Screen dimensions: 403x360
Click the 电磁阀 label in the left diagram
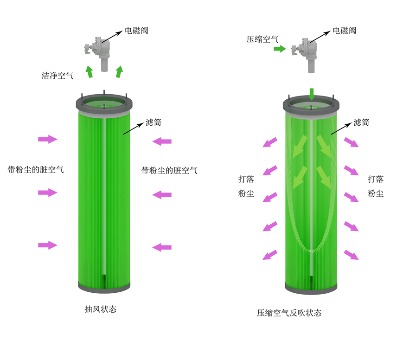pyautogui.click(x=136, y=31)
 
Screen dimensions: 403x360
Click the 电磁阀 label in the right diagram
pyautogui.click(x=345, y=31)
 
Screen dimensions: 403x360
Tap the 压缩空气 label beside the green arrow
pyautogui.click(x=262, y=39)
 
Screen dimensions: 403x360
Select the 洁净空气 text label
pyautogui.click(x=58, y=76)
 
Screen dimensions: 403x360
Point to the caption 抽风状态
pyautogui.click(x=101, y=309)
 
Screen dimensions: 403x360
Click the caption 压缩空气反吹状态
pyautogui.click(x=289, y=313)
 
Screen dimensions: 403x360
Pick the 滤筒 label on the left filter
pyautogui.click(x=154, y=122)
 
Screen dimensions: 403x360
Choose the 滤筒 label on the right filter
pyautogui.click(x=361, y=122)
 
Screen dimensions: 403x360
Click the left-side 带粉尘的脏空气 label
pyautogui.click(x=35, y=170)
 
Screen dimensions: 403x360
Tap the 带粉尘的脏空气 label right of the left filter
pyautogui.click(x=169, y=170)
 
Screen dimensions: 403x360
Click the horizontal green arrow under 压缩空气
pyautogui.click(x=280, y=49)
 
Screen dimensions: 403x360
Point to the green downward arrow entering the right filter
pyautogui.click(x=312, y=94)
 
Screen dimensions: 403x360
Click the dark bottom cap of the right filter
pyautogui.click(x=311, y=288)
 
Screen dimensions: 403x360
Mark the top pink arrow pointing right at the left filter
pyautogui.click(x=48, y=139)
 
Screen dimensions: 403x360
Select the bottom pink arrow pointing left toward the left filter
pyautogui.click(x=162, y=247)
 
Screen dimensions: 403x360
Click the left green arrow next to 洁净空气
pyautogui.click(x=89, y=71)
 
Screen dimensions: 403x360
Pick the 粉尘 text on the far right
pyautogui.click(x=376, y=193)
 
